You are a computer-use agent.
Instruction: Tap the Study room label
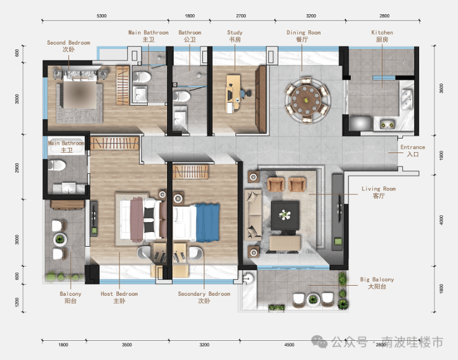click(x=235, y=36)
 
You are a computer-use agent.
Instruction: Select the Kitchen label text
click(x=382, y=36)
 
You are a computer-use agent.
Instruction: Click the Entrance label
click(x=413, y=151)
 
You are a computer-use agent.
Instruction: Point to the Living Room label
click(x=379, y=192)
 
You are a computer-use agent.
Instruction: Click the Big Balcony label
click(x=377, y=283)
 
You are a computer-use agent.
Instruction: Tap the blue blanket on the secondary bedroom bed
click(x=207, y=223)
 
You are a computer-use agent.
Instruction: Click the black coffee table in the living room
click(x=285, y=215)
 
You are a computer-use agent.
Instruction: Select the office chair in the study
click(x=245, y=93)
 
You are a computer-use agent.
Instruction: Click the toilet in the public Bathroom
click(x=182, y=96)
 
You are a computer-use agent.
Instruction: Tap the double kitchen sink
click(x=407, y=99)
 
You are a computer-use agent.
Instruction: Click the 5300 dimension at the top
click(x=102, y=15)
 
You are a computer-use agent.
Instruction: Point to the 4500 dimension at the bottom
click(x=289, y=345)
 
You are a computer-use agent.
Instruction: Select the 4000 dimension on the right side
click(x=441, y=220)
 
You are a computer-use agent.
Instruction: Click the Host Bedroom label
click(x=119, y=298)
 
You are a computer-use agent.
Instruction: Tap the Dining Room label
click(x=303, y=36)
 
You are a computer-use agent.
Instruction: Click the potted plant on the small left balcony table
click(x=60, y=239)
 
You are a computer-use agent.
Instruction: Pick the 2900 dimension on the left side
click(x=17, y=168)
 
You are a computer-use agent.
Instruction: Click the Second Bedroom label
click(x=69, y=46)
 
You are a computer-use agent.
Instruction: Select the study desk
click(x=233, y=94)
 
